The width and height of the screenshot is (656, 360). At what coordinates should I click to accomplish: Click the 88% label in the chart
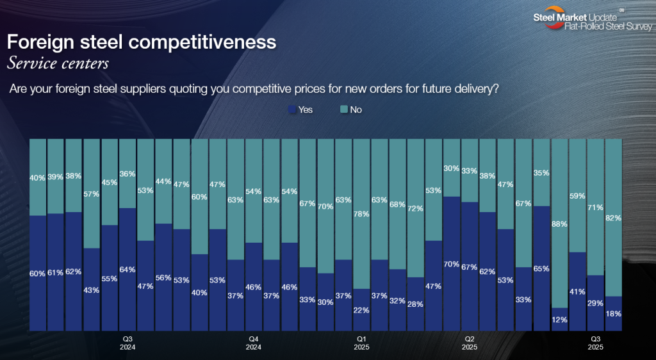tap(559, 224)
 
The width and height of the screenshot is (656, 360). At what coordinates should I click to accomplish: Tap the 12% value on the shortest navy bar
tap(559, 320)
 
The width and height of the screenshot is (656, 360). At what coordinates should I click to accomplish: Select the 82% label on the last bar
tap(614, 218)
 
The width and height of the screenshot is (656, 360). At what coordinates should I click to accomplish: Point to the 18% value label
tap(614, 315)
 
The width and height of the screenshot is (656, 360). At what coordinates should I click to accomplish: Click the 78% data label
tap(362, 214)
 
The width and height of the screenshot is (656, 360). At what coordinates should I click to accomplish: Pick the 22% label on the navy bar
tap(362, 311)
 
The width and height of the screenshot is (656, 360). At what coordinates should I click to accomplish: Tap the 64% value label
tap(127, 270)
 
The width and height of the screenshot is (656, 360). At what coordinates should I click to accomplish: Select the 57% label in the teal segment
tap(92, 193)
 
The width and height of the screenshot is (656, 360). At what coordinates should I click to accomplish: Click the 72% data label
tap(416, 209)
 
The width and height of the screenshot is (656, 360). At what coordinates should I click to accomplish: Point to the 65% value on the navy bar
tap(541, 268)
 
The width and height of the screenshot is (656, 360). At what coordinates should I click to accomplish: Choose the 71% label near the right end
tap(596, 208)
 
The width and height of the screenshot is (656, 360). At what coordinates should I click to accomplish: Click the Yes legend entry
tap(300, 110)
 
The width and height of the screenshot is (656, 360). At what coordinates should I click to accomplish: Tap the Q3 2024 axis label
tap(127, 343)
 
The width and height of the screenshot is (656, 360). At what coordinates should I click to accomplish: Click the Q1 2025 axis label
tap(361, 343)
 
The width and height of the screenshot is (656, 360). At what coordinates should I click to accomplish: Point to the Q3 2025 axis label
tap(595, 343)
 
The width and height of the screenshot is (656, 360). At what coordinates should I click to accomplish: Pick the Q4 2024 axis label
tap(254, 343)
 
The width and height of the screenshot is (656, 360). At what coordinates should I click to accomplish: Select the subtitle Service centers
tap(57, 63)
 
